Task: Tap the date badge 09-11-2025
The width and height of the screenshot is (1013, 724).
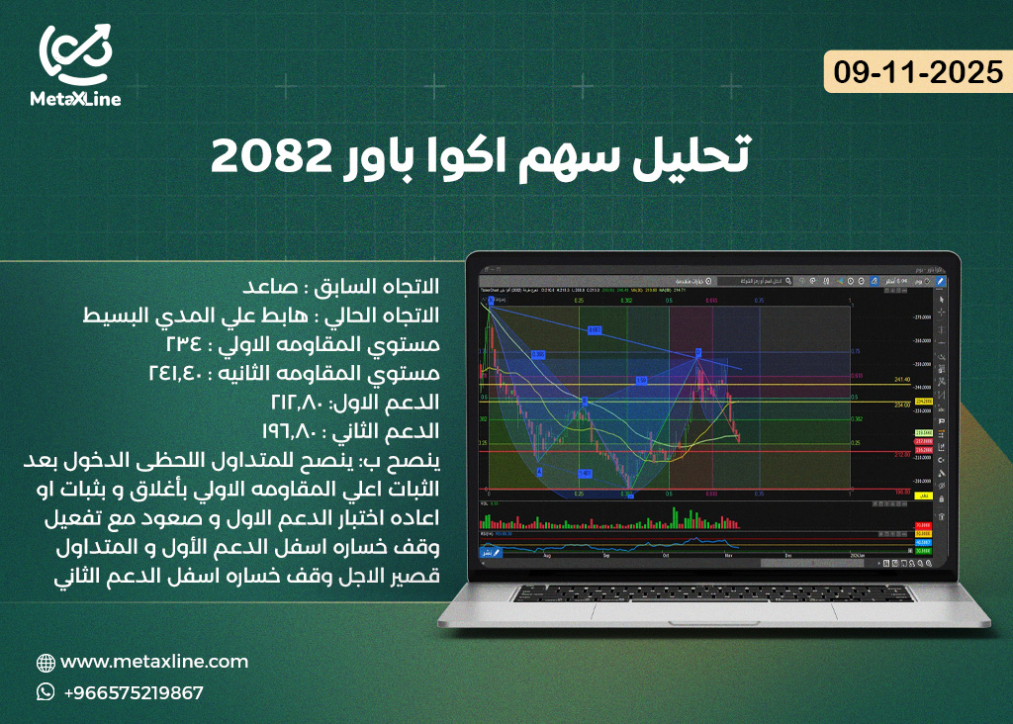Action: click(x=918, y=74)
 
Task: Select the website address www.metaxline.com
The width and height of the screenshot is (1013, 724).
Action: click(x=154, y=662)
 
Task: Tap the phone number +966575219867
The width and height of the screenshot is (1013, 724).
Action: click(x=134, y=692)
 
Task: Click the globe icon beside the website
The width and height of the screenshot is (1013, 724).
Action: click(x=46, y=663)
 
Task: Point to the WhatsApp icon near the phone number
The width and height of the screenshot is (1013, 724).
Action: click(x=46, y=692)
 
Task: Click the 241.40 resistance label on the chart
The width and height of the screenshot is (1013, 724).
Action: click(x=900, y=379)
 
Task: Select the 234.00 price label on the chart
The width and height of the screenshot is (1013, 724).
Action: click(x=900, y=405)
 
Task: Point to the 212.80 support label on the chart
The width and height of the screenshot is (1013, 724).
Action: click(x=900, y=456)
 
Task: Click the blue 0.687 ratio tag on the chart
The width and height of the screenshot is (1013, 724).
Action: click(x=595, y=329)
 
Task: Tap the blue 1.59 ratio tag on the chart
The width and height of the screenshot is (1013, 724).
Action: click(x=641, y=380)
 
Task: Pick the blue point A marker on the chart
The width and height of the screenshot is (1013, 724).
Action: click(x=540, y=472)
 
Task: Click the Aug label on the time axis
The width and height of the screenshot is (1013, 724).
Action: click(x=547, y=556)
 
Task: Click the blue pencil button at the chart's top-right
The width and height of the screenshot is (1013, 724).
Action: click(x=941, y=281)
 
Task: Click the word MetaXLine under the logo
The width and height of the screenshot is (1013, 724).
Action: click(x=78, y=99)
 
